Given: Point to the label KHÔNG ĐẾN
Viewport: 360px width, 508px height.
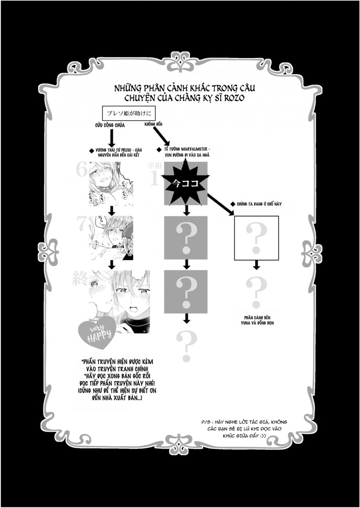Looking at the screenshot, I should coord(153,123).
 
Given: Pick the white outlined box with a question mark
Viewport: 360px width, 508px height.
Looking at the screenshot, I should coord(256,238).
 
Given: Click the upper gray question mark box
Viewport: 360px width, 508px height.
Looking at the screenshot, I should coord(185,238).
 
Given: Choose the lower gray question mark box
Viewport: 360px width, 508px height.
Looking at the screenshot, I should coord(185,291).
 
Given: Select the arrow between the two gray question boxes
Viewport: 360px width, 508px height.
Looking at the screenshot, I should coord(185,264).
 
